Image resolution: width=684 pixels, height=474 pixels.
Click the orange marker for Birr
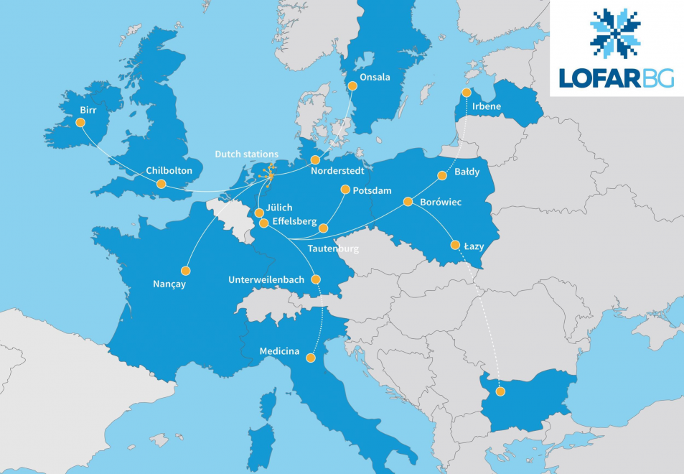(x=80, y=123)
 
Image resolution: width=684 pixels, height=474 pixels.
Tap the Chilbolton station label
(x=169, y=170)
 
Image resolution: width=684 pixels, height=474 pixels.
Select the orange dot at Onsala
(x=352, y=85)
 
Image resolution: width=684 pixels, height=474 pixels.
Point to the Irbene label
(x=487, y=107)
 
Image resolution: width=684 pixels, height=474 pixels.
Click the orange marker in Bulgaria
(x=500, y=391)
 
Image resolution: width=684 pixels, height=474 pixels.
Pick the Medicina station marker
(x=311, y=357)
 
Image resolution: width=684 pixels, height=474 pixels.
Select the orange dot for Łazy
(x=455, y=245)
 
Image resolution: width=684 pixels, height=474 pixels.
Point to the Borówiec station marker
(x=408, y=202)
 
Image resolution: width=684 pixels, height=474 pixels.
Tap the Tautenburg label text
(x=332, y=248)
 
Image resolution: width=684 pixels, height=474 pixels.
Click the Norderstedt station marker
(x=314, y=159)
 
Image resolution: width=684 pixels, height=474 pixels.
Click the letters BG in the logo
(x=658, y=78)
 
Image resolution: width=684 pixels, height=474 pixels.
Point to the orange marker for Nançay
(x=186, y=271)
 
